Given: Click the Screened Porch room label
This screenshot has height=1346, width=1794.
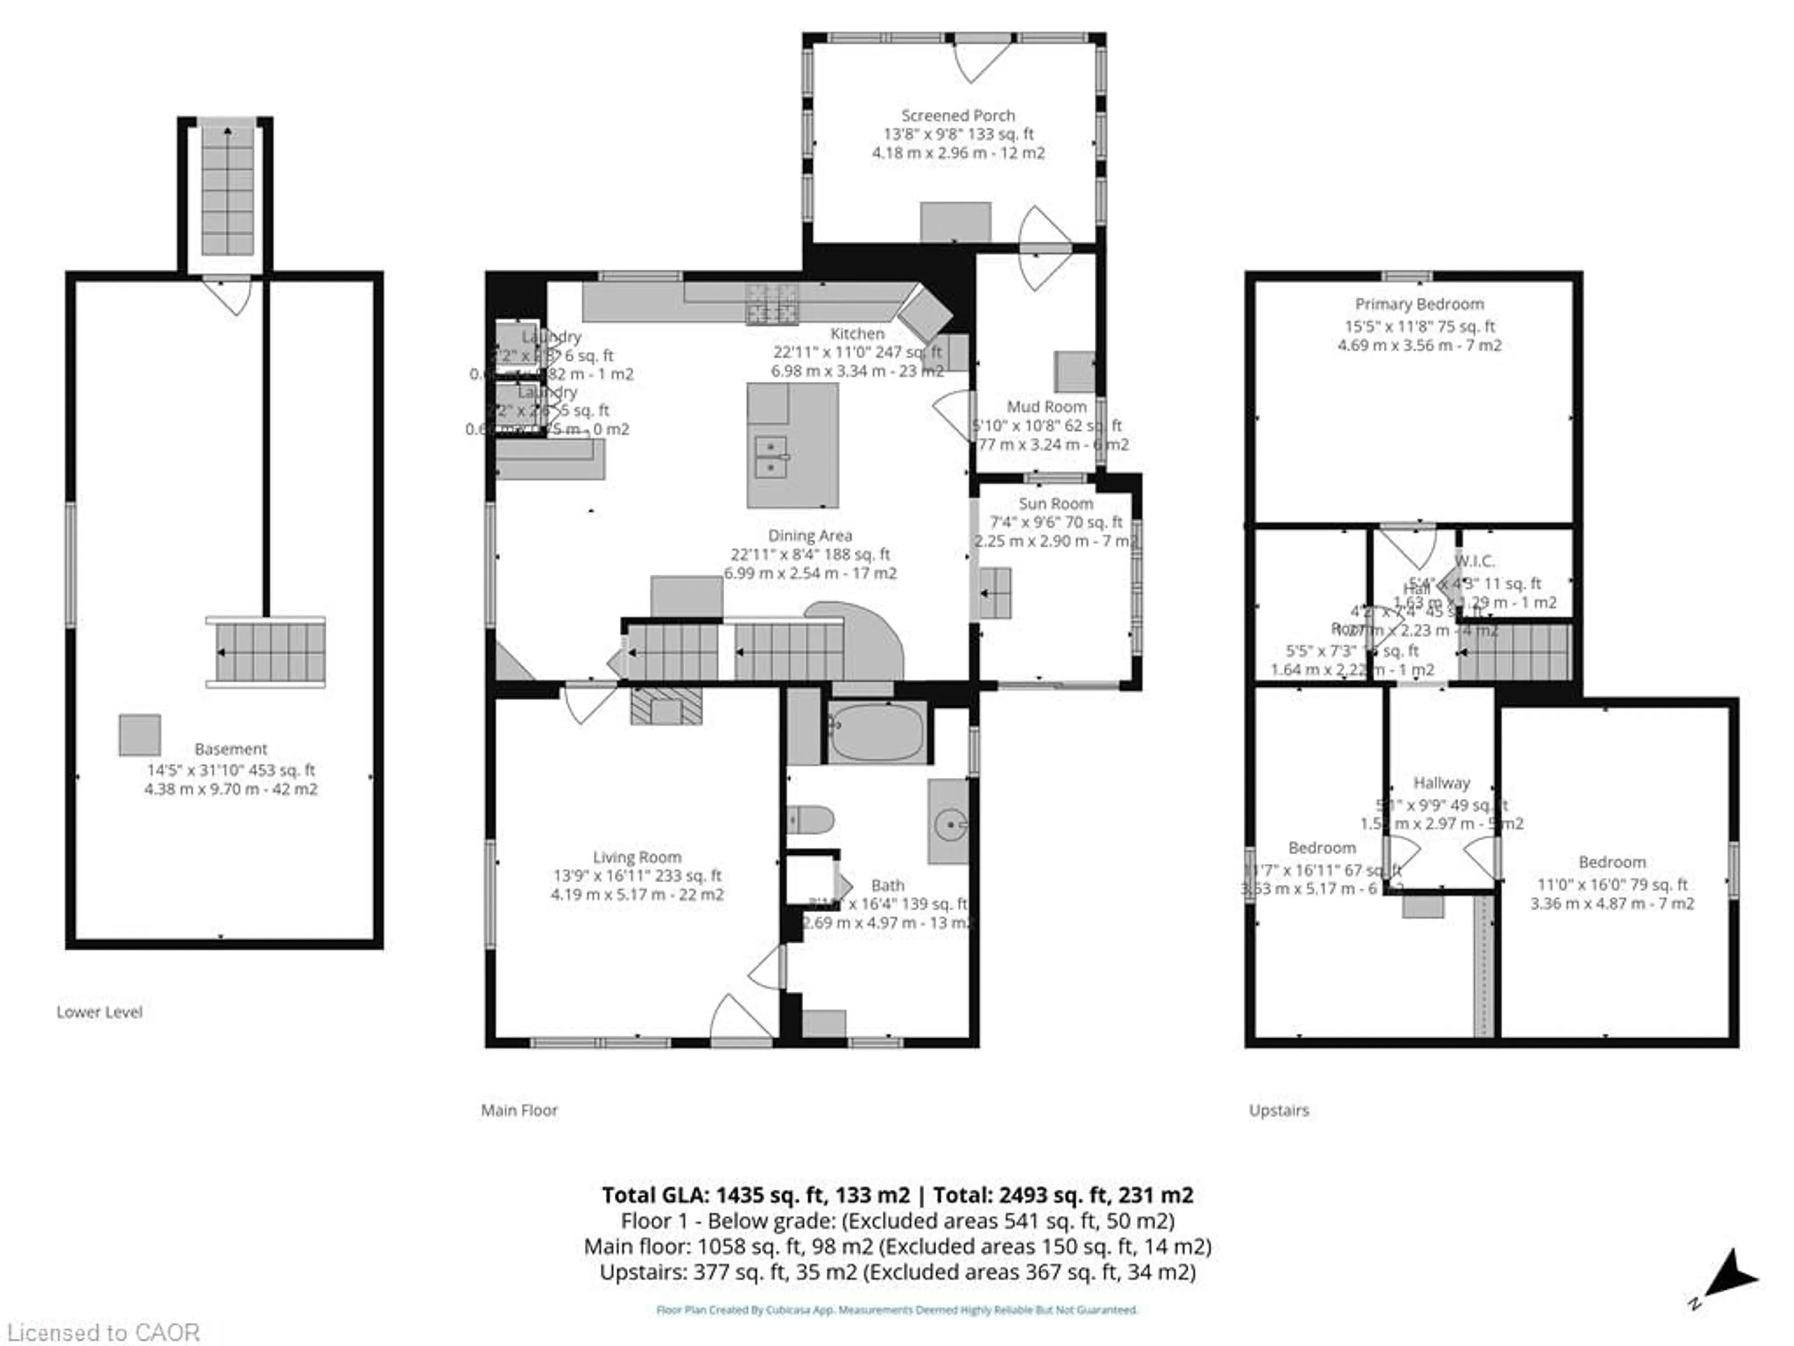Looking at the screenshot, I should [x=958, y=116].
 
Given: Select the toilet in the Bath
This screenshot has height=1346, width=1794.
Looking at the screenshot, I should [x=810, y=819].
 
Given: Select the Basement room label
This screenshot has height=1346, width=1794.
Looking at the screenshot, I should [x=230, y=749].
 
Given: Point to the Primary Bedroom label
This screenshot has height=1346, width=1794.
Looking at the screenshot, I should [x=1419, y=304].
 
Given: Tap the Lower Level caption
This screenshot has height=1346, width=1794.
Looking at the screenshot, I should [x=99, y=1012].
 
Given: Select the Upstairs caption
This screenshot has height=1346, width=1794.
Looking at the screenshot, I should [x=1279, y=1110].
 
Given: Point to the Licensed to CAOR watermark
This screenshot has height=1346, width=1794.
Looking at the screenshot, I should [x=103, y=1332].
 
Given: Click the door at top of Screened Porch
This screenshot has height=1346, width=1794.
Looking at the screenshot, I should [x=982, y=61].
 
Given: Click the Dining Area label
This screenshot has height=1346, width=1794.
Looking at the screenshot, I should [x=810, y=536].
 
